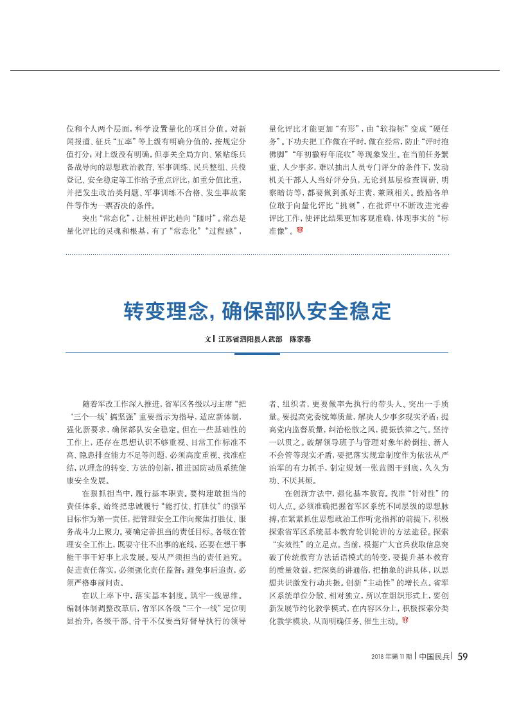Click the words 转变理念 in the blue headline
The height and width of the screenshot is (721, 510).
(163, 312)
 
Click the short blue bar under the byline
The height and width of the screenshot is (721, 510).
(255, 353)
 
